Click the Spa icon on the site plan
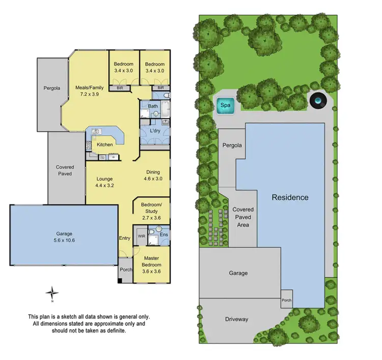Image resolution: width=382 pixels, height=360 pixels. tap(225, 106)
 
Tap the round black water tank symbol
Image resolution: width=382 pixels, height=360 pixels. tap(318, 101)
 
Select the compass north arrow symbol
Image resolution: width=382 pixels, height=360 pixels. tap(52, 293)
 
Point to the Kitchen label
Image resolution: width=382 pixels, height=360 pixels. tap(105, 145)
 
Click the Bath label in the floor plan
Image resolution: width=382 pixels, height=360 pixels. tap(153, 106)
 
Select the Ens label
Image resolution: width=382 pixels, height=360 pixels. tap(163, 235)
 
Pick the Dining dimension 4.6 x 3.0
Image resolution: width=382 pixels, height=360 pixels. tap(153, 179)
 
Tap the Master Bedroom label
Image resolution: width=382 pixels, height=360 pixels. tap(152, 262)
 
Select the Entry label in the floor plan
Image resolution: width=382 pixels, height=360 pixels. tap(125, 238)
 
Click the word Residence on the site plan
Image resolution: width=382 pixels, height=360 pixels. tap(290, 197)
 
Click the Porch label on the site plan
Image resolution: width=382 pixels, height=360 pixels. tap(287, 300)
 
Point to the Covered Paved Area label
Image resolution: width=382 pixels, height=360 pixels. tap(243, 217)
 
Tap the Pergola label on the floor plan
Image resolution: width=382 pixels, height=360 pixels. tap(51, 88)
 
